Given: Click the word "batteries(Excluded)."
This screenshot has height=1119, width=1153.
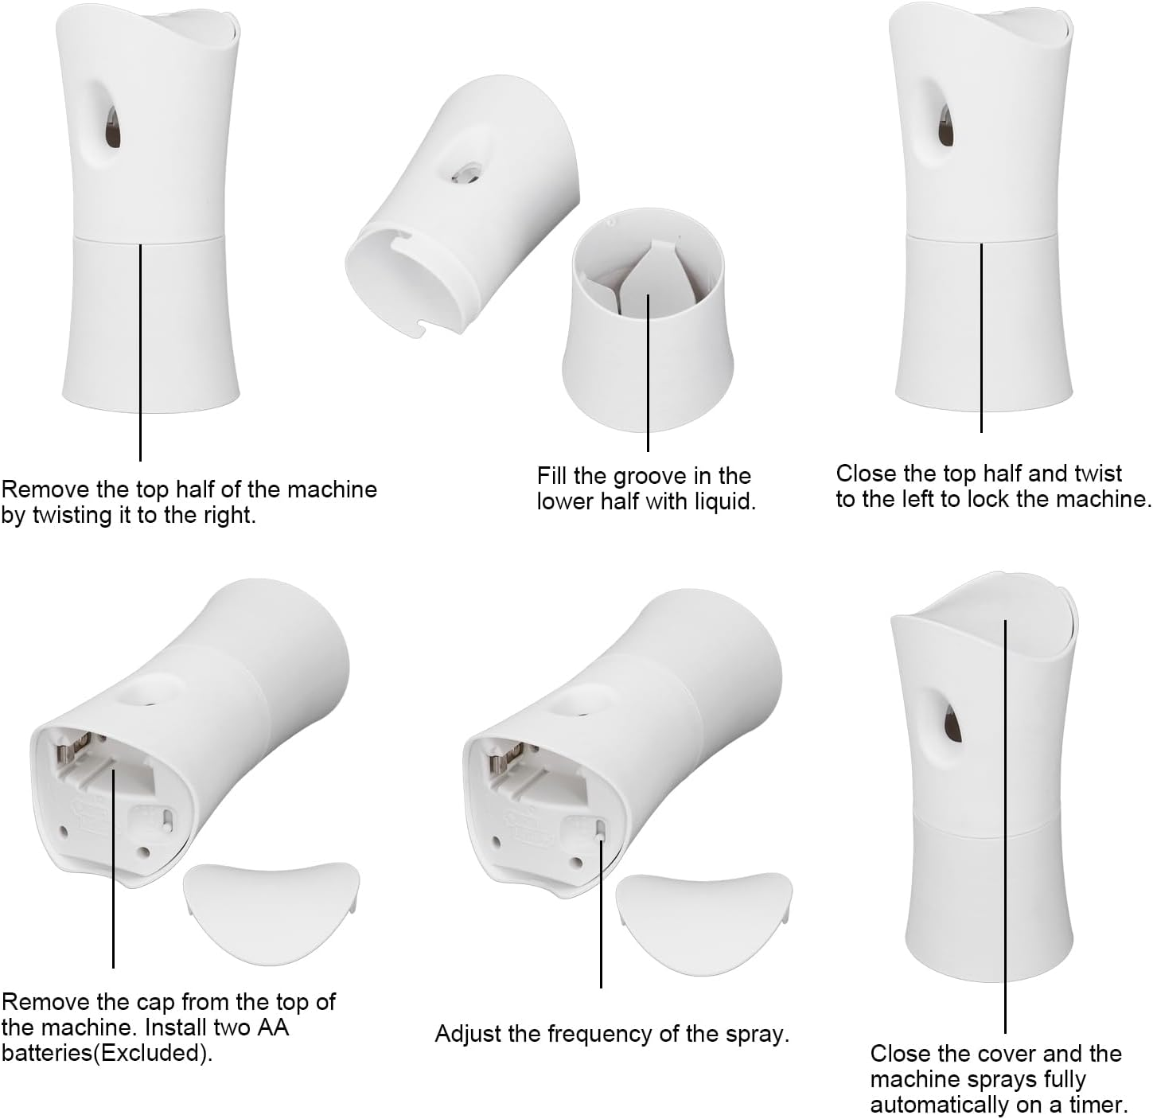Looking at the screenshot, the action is (107, 1053).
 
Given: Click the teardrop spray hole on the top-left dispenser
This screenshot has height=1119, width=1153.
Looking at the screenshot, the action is (112, 127).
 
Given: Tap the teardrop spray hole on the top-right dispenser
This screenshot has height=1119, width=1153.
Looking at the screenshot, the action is (945, 127).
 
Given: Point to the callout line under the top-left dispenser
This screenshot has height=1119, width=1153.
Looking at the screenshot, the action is (140, 352).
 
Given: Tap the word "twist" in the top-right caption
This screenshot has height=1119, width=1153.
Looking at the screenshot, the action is (1098, 474).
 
